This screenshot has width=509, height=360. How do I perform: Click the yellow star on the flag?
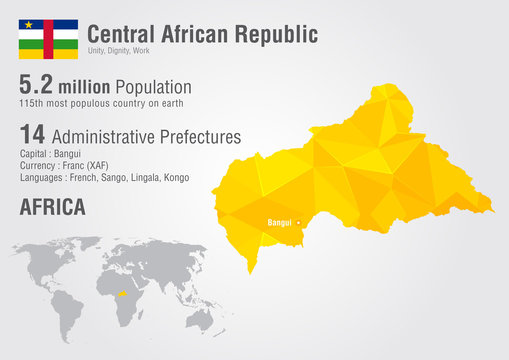tap(28, 24)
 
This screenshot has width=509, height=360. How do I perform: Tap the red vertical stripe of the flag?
tap(47, 38)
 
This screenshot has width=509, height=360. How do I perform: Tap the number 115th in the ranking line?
tap(32, 103)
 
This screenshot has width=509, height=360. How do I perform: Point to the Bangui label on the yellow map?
tap(279, 222)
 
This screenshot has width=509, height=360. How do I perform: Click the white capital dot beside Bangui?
tap(298, 222)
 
